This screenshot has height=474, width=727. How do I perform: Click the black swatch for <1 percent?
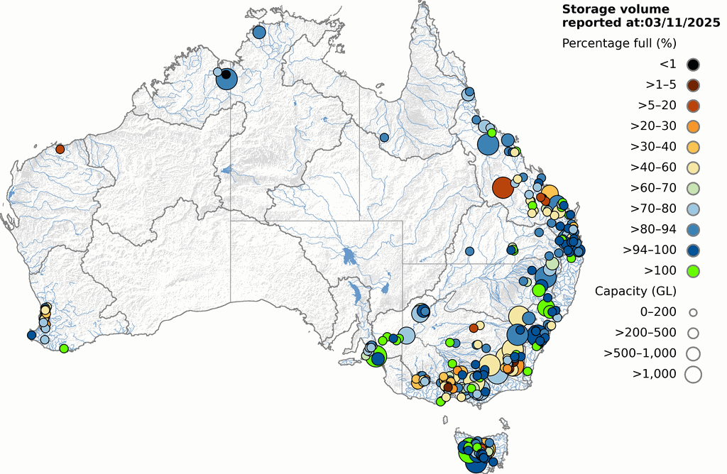pyautogui.click(x=693, y=65)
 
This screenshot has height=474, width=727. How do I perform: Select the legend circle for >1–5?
pyautogui.click(x=693, y=85)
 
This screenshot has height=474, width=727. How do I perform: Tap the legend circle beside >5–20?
pyautogui.click(x=693, y=106)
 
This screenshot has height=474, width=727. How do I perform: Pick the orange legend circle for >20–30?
pyautogui.click(x=693, y=126)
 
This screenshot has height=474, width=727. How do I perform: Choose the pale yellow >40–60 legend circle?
pyautogui.click(x=693, y=167)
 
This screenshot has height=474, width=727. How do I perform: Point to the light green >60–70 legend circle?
pyautogui.click(x=693, y=188)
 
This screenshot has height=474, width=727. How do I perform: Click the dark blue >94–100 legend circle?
pyautogui.click(x=693, y=250)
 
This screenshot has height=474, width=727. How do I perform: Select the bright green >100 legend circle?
pyautogui.click(x=693, y=270)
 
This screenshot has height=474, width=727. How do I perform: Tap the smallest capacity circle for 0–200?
pyautogui.click(x=693, y=312)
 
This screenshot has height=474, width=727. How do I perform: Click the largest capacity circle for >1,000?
pyautogui.click(x=693, y=374)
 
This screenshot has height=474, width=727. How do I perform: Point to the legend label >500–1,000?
pyautogui.click(x=640, y=353)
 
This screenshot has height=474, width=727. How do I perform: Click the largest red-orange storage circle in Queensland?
pyautogui.click(x=503, y=187)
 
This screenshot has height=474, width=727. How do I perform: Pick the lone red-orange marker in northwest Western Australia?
pyautogui.click(x=60, y=149)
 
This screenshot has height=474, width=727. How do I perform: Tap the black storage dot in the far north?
pyautogui.click(x=226, y=75)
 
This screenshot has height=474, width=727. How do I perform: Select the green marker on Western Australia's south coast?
pyautogui.click(x=64, y=348)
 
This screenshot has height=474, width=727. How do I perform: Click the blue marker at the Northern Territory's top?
pyautogui.click(x=258, y=32)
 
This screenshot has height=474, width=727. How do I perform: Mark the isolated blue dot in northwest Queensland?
pyautogui.click(x=384, y=137)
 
